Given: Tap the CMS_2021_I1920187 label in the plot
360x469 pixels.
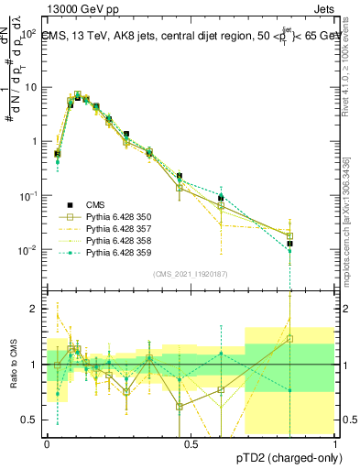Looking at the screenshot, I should click(x=190, y=273).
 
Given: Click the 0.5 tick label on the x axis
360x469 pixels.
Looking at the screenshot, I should click(x=191, y=443).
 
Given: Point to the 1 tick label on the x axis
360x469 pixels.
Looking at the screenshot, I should click(x=334, y=443).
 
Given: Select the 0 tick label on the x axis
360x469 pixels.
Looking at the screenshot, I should click(x=47, y=443).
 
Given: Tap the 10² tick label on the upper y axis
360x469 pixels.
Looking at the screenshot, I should click(x=28, y=33).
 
